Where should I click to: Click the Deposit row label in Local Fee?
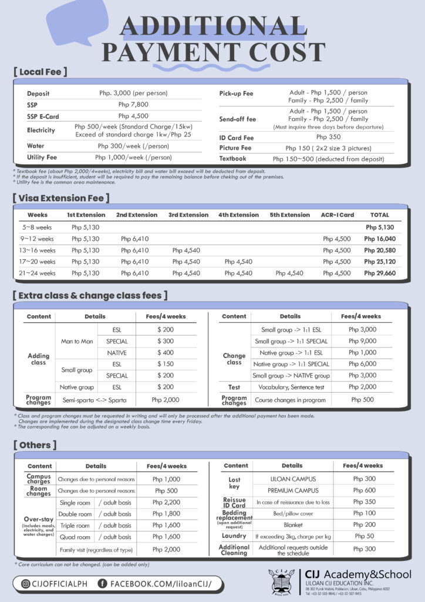(x=38, y=93)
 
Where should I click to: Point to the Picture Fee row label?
(x=235, y=148)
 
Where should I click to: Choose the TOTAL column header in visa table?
(x=379, y=215)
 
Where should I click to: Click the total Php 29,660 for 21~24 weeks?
(x=379, y=273)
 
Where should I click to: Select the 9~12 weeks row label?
(x=38, y=239)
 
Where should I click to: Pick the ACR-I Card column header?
(x=336, y=215)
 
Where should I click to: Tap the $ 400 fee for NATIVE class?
(x=166, y=353)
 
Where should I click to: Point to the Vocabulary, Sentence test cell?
(x=291, y=387)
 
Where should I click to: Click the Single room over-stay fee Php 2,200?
(x=166, y=502)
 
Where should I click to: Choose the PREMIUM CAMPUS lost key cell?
(x=292, y=490)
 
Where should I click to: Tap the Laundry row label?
(x=234, y=536)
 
